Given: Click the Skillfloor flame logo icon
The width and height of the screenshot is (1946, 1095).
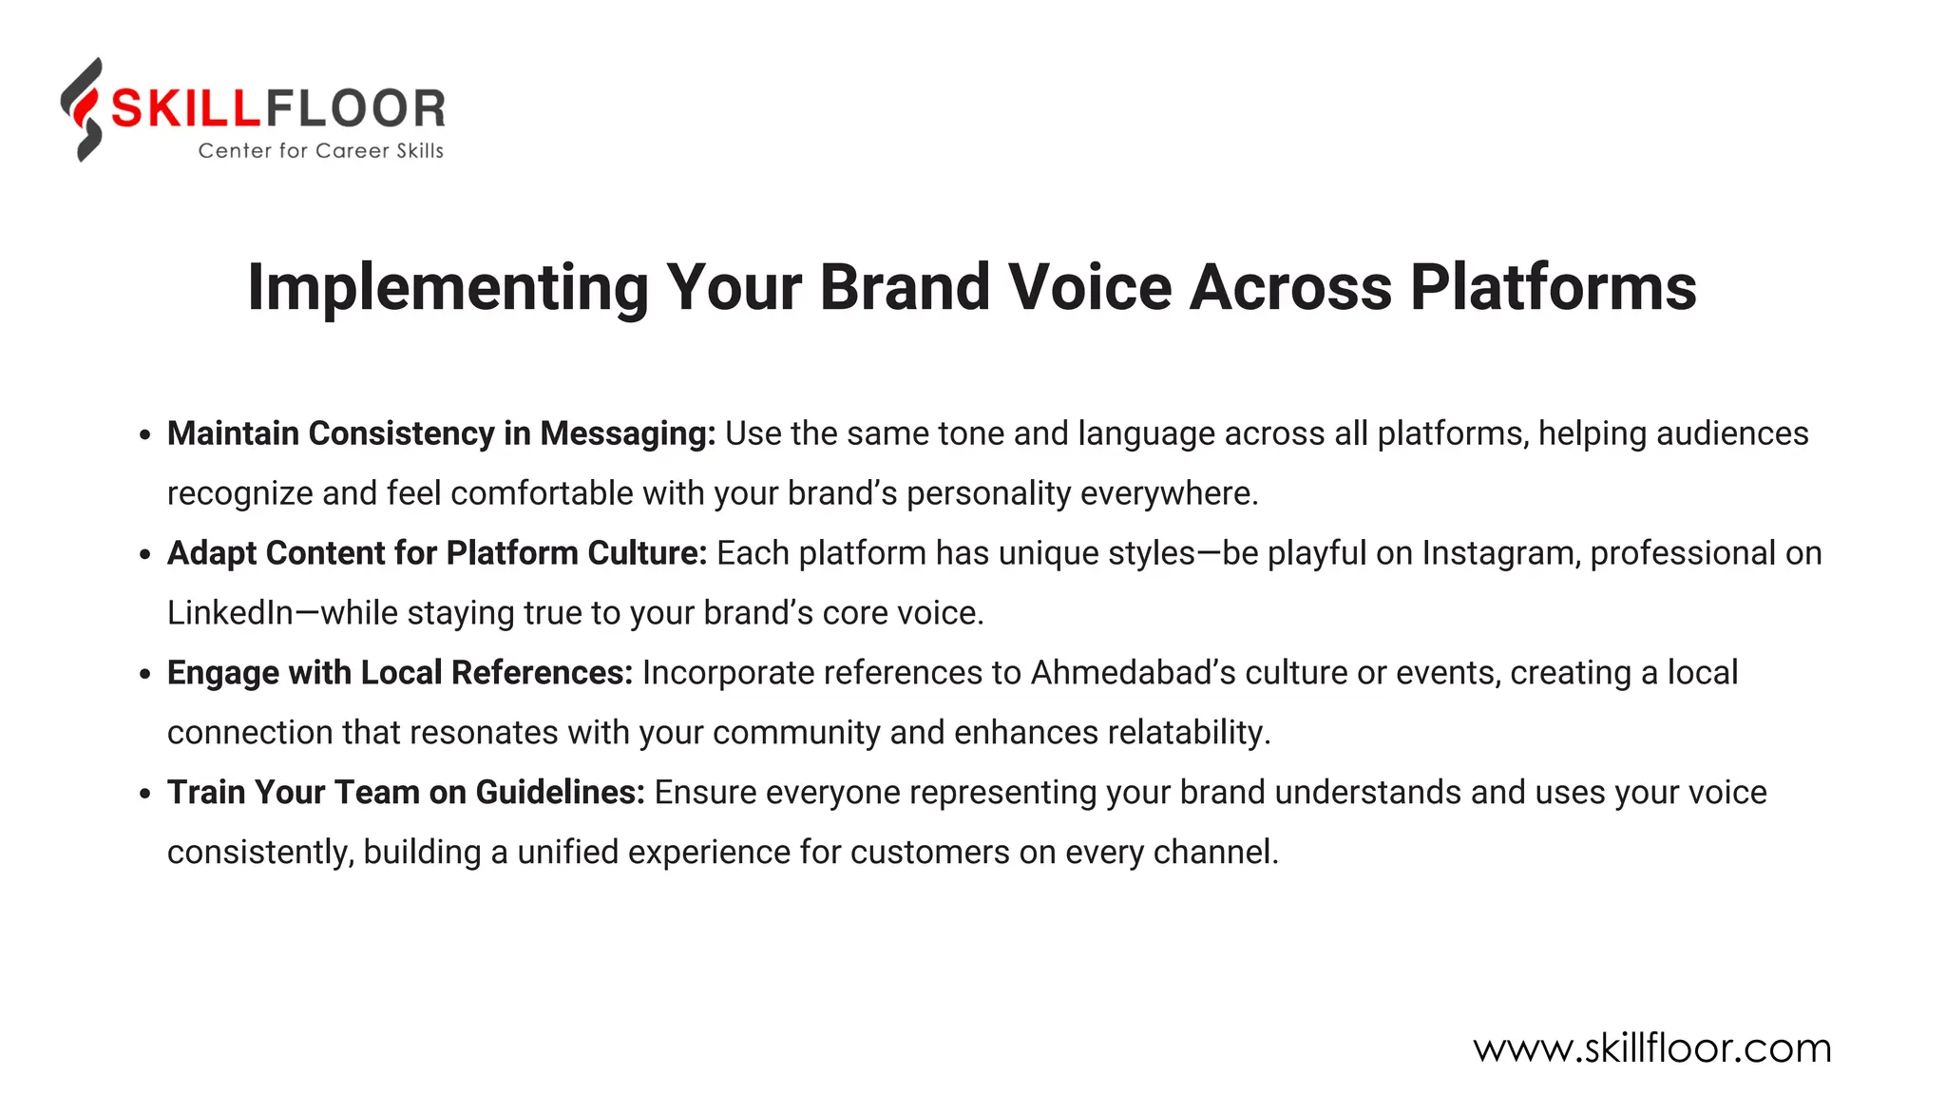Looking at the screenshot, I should pos(83,109).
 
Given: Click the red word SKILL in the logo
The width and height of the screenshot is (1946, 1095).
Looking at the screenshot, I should pos(185,108).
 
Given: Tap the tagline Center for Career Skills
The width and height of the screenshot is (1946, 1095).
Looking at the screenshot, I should pos(320,151).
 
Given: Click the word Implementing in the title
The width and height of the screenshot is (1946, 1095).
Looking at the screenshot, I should pos(448,288).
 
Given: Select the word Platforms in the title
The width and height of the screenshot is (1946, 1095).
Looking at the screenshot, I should pos(1553,286).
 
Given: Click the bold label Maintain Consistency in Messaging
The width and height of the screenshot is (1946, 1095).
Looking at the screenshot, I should pos(441,434).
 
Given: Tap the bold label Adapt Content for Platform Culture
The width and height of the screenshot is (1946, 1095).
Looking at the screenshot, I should pos(437,553).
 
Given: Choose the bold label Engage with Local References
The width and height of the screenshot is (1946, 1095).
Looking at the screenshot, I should pos(400,673).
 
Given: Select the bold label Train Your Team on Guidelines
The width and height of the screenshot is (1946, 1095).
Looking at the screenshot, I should pos(406,793).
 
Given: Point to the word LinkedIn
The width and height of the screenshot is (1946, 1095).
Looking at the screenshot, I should pos(230,613).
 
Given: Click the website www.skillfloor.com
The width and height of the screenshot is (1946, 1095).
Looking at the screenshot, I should pos(1651,1048).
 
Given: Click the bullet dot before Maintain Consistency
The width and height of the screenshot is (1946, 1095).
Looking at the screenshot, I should pos(144,435).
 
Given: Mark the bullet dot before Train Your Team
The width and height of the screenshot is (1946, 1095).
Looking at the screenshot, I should pos(144,794).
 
